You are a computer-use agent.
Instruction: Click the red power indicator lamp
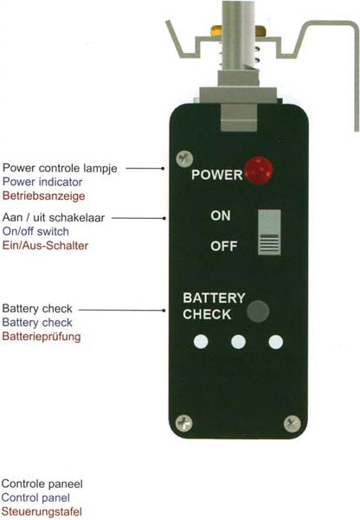click(259, 171)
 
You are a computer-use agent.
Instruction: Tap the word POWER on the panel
click(217, 175)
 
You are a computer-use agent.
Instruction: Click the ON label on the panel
click(221, 216)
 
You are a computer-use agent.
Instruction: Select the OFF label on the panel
click(224, 246)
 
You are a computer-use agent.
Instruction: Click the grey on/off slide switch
click(269, 233)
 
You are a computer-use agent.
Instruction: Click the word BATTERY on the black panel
click(214, 298)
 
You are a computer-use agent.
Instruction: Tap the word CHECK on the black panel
click(207, 314)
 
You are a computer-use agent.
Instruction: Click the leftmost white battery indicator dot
click(201, 342)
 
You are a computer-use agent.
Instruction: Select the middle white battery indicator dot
click(238, 342)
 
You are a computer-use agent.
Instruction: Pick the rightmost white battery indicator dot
click(276, 342)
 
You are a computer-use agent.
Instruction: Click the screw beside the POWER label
click(184, 159)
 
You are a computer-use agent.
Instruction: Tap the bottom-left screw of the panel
click(183, 423)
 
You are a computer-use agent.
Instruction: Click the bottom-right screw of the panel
click(292, 423)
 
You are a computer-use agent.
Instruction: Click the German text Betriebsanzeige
click(44, 196)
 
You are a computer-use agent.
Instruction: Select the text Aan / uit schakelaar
click(54, 217)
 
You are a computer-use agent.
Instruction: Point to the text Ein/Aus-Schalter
click(46, 246)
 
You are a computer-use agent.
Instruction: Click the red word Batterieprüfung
click(42, 337)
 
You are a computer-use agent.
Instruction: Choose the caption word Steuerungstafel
click(42, 511)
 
